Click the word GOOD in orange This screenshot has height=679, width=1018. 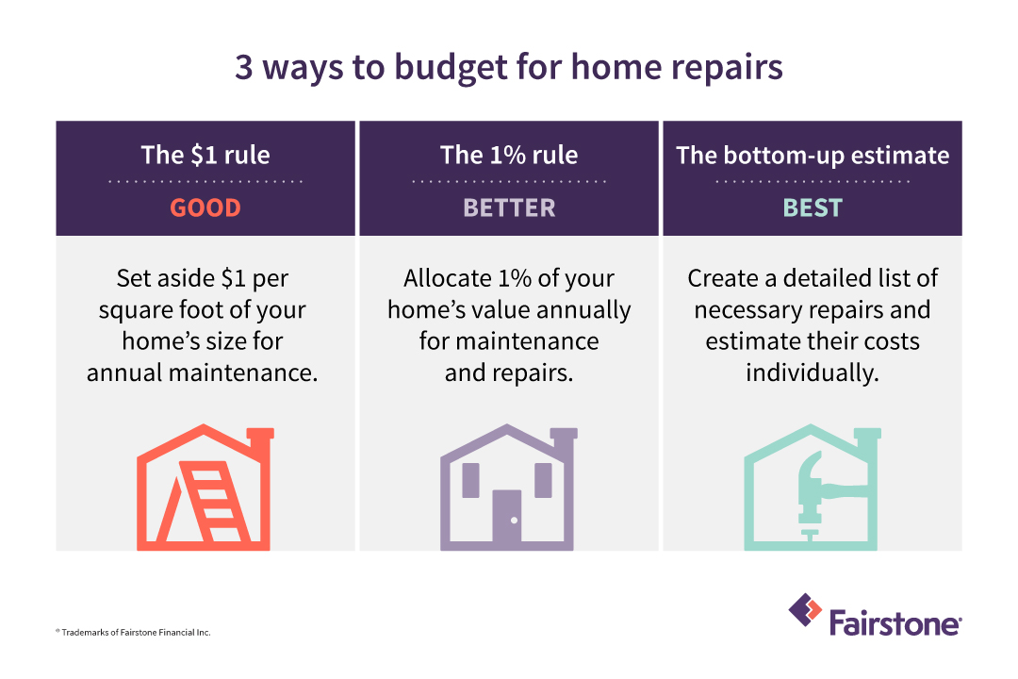coord(205,207)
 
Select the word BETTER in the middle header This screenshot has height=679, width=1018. coord(509,207)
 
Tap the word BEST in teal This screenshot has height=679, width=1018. coord(813,207)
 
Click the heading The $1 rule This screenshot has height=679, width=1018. coord(205,155)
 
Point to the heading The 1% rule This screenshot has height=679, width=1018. coord(509,155)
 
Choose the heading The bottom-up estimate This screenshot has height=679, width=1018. coord(813,155)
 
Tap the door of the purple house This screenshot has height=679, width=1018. coord(508,520)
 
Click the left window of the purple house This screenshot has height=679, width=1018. coord(469,480)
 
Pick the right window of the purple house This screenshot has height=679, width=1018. coord(544,480)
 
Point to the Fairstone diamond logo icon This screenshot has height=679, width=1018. coord(805,610)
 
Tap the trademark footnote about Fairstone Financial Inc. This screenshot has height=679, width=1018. coord(132,632)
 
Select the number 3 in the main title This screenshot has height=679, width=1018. coord(243,70)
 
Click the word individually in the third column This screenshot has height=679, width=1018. coord(813,373)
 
